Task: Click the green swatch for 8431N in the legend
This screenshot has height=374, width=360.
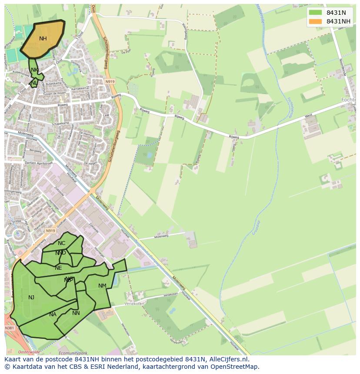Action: (x=315, y=13)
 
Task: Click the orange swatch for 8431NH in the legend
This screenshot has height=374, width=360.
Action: (x=315, y=21)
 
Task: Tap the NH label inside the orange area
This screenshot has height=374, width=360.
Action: (x=43, y=39)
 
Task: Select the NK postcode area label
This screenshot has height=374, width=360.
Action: (x=34, y=70)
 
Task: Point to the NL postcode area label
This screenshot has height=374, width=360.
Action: (x=33, y=83)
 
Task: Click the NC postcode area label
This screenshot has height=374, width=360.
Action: (x=61, y=243)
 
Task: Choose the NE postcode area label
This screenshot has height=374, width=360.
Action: (x=58, y=268)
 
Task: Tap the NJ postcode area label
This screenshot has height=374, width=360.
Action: (x=31, y=298)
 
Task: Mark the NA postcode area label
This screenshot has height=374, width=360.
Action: (x=53, y=314)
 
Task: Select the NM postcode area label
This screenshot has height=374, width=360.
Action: (x=102, y=286)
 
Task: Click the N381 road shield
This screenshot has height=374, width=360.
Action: (x=10, y=328)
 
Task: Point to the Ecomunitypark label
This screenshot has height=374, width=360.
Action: (x=72, y=353)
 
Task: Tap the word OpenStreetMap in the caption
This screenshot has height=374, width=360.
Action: (x=235, y=367)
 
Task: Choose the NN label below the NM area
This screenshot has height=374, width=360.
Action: (x=76, y=313)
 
